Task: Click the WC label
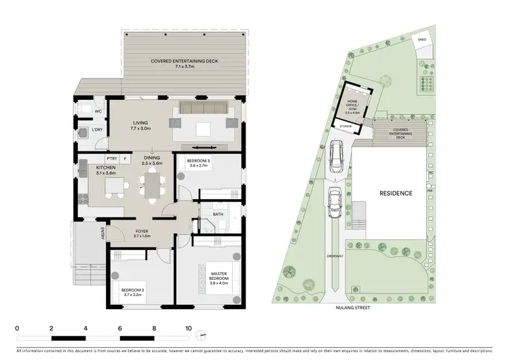[x=98, y=111]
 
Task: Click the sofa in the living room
[x=203, y=109]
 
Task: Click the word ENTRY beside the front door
[x=102, y=232]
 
